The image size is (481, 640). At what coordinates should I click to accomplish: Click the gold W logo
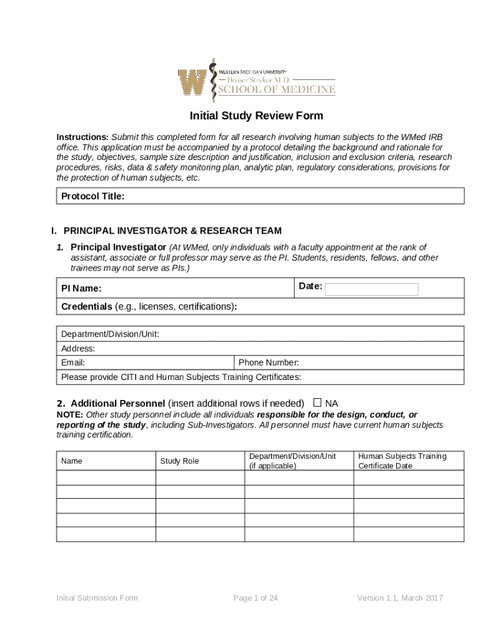(192, 82)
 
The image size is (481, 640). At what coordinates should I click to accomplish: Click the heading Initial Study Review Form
(257, 116)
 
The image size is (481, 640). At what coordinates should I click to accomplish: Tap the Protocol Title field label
(92, 196)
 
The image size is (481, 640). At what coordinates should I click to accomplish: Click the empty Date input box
(372, 289)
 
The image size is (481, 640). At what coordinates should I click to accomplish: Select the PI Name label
(81, 289)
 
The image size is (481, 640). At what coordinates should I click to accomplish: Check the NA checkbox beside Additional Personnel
(317, 402)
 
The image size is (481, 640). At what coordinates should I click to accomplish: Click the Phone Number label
(269, 362)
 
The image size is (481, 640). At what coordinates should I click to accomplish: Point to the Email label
(73, 362)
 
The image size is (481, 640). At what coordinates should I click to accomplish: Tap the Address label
(78, 348)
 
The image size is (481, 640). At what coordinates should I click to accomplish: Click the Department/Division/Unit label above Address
(110, 334)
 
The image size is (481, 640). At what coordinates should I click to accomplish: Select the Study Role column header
(179, 461)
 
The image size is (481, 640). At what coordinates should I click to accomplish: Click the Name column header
(72, 461)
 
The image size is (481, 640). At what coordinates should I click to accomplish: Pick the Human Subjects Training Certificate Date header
(402, 461)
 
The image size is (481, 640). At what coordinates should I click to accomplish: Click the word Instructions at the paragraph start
(82, 137)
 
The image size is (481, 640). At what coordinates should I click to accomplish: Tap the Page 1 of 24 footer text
(255, 598)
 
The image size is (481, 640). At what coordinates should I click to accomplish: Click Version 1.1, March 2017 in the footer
(400, 598)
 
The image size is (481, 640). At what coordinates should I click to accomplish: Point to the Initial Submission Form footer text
(97, 598)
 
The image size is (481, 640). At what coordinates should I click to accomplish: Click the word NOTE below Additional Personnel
(69, 414)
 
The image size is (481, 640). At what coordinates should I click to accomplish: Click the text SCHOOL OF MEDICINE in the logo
(276, 90)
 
